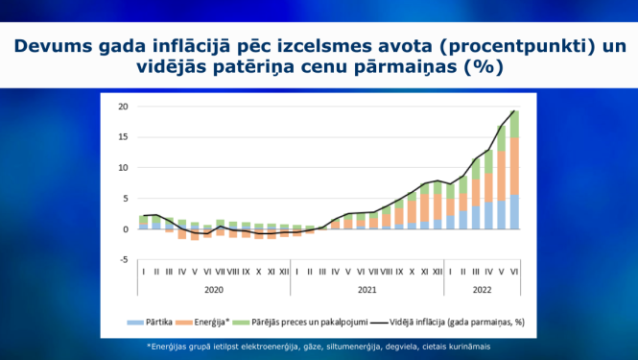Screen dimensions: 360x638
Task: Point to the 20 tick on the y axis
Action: click(x=122, y=107)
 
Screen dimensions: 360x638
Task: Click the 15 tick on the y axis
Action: click(x=122, y=137)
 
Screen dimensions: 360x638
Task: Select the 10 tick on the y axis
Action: click(x=122, y=168)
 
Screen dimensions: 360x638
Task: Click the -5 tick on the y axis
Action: click(x=123, y=259)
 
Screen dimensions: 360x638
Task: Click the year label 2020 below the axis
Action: click(x=213, y=288)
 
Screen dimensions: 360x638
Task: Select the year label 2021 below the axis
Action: click(x=366, y=288)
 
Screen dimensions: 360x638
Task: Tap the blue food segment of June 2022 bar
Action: click(x=514, y=212)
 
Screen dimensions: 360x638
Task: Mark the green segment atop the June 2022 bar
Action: click(x=514, y=124)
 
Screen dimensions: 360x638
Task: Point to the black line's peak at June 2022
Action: click(x=514, y=111)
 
